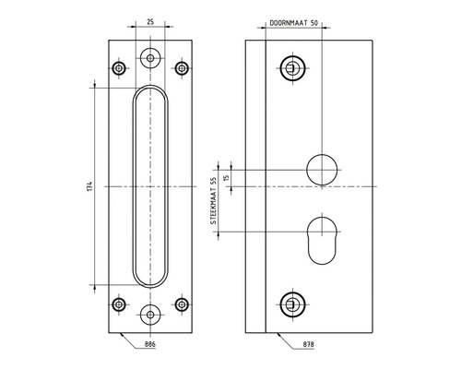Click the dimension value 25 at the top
pos(149,20)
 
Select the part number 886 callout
pos(150,343)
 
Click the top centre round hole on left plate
pos(149,58)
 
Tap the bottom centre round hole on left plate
pos(149,314)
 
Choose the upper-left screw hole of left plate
pos(118,68)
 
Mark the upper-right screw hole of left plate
pos(181,68)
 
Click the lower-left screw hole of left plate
pos(118,304)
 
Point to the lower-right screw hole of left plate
pos(181,304)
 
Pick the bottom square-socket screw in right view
pos(291,303)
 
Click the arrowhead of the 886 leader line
pos(120,333)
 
